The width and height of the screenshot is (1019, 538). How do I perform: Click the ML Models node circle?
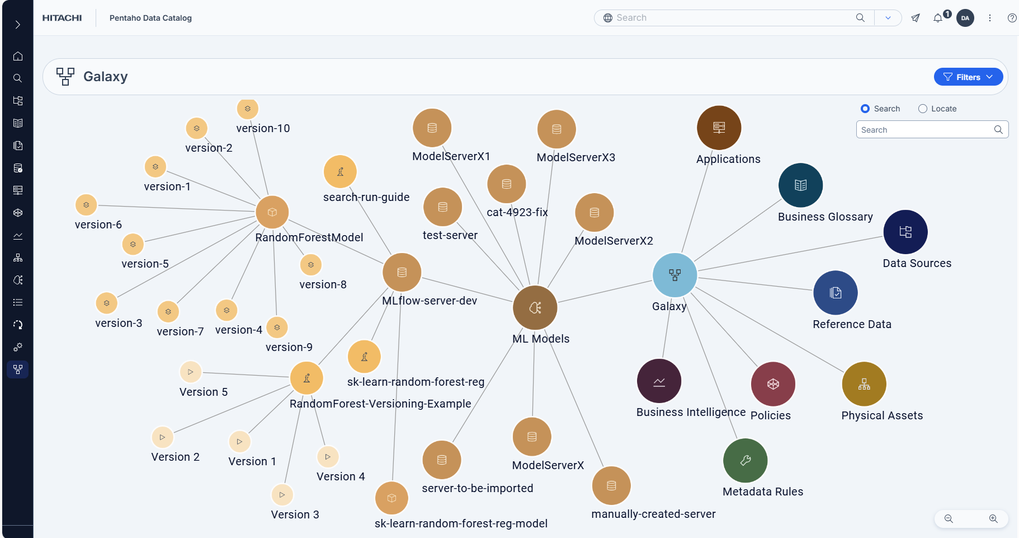(x=535, y=308)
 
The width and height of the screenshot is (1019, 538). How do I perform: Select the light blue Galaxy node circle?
(x=675, y=275)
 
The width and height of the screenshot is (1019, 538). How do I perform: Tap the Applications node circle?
(x=719, y=128)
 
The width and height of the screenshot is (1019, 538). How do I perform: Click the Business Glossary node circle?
(x=801, y=185)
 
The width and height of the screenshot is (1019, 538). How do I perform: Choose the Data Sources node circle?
(x=905, y=232)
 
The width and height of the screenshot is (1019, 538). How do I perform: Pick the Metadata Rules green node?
(x=746, y=460)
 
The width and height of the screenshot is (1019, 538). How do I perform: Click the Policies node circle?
(x=773, y=384)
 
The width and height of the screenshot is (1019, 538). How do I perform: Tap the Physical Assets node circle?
(x=864, y=384)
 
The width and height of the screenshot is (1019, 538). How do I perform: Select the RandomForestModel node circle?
(x=272, y=212)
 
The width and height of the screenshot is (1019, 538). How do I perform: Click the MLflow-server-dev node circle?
(x=402, y=273)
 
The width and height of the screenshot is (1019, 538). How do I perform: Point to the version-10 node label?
(x=263, y=128)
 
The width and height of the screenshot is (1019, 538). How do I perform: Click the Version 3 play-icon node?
(x=282, y=495)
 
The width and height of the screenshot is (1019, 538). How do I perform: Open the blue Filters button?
(x=968, y=77)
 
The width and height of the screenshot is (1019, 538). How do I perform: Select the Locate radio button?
(x=923, y=109)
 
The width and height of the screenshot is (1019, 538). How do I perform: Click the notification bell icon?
(x=938, y=18)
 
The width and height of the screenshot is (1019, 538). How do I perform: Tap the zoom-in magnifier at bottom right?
(x=993, y=518)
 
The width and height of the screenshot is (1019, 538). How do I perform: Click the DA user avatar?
(x=965, y=18)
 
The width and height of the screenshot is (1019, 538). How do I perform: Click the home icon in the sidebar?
(x=18, y=56)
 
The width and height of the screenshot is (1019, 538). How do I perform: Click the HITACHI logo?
(x=62, y=18)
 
